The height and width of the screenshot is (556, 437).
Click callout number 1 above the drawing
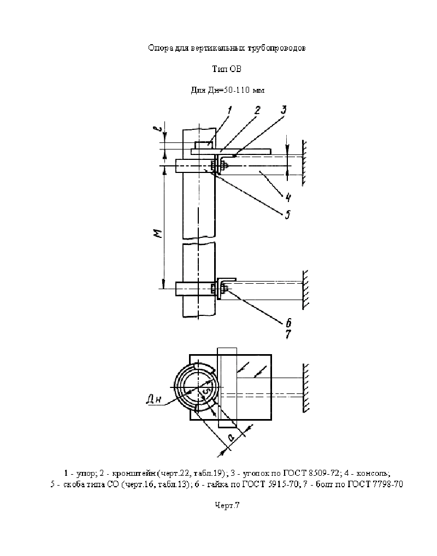pos(229,111)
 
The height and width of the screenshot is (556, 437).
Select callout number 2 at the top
pos(257,110)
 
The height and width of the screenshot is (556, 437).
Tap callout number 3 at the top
pos(284,110)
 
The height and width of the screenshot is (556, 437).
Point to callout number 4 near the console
pos(288,197)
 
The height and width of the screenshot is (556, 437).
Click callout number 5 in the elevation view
pos(287,214)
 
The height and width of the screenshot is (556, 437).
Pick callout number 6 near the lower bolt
pos(288,322)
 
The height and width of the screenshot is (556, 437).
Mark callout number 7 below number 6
pos(288,334)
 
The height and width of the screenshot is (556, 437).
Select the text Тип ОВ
pos(227,69)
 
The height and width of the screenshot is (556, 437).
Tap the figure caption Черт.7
pos(227,505)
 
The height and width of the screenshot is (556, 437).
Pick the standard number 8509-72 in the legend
pos(324,473)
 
